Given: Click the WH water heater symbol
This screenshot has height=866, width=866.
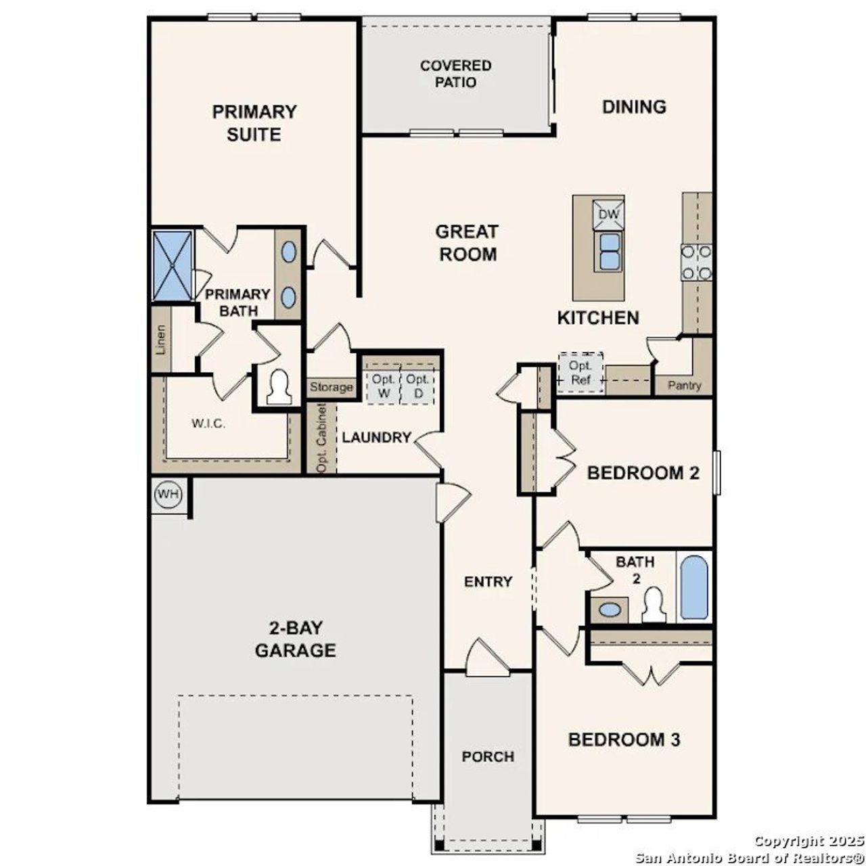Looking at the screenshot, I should pos(168,494).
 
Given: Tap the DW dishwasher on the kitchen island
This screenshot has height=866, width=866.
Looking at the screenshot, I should pos(609,214).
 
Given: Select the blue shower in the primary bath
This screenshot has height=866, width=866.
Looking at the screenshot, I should pos(173,265).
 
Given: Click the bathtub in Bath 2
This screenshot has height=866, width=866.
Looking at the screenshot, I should pos(693,587).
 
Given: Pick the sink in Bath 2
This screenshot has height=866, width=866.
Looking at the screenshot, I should pos(610,610).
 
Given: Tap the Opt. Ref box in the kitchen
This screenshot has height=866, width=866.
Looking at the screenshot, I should pos(580,372).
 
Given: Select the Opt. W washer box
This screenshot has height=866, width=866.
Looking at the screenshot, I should pos(384,386).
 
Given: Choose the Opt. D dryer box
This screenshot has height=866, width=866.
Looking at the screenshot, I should pos(417,386).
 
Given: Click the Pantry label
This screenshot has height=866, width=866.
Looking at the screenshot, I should pos(685,386).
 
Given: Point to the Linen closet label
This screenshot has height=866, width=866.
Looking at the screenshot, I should pos(161,340).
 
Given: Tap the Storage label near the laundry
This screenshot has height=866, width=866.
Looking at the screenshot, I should pos(332,387).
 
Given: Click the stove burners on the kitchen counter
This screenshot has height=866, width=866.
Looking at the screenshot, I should pos(696,262).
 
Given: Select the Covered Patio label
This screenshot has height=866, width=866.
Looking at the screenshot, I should pos(455,74).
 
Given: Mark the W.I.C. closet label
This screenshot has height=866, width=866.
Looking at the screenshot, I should pos(208,424).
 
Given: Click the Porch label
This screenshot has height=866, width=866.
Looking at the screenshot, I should pos(488,756).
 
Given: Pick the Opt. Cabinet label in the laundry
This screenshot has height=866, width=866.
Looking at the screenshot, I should pos(322,438).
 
